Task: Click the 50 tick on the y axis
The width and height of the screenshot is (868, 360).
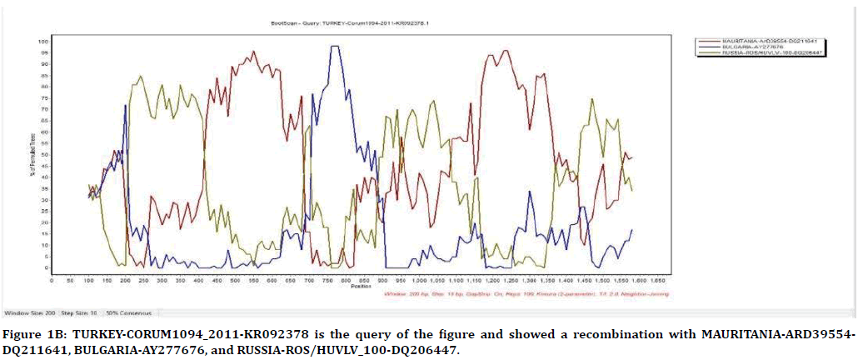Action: point(45,154)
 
